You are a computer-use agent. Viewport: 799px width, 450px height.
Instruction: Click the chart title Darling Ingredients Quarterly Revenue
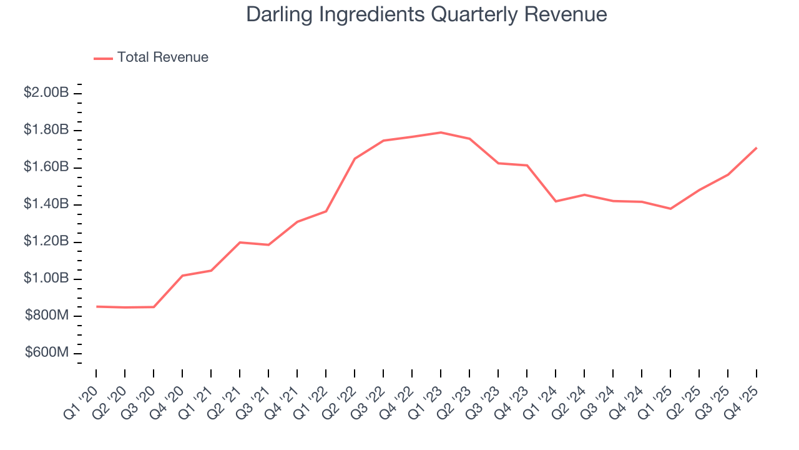click(x=426, y=14)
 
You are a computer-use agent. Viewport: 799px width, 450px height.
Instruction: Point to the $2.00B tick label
click(x=46, y=93)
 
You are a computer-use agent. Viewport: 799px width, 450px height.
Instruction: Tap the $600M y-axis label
click(x=47, y=353)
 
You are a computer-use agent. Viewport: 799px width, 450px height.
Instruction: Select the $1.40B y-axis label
click(x=46, y=204)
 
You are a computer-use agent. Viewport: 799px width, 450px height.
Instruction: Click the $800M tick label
click(x=47, y=316)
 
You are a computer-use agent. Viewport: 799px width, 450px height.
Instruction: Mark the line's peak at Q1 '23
click(x=441, y=132)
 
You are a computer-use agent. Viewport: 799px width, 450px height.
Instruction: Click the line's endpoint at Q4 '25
click(x=757, y=148)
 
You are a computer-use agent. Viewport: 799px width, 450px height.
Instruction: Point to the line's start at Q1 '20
click(x=97, y=306)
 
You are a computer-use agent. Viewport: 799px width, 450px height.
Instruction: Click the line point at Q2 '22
click(x=355, y=159)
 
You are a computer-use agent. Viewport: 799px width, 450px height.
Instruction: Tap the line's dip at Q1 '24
click(x=556, y=201)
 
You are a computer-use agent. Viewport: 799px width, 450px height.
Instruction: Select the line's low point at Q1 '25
click(x=670, y=209)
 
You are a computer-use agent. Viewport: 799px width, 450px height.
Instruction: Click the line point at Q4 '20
click(x=182, y=276)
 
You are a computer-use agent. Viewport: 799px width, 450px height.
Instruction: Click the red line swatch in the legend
click(x=103, y=58)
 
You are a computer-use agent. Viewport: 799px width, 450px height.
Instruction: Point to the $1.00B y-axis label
click(x=46, y=279)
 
